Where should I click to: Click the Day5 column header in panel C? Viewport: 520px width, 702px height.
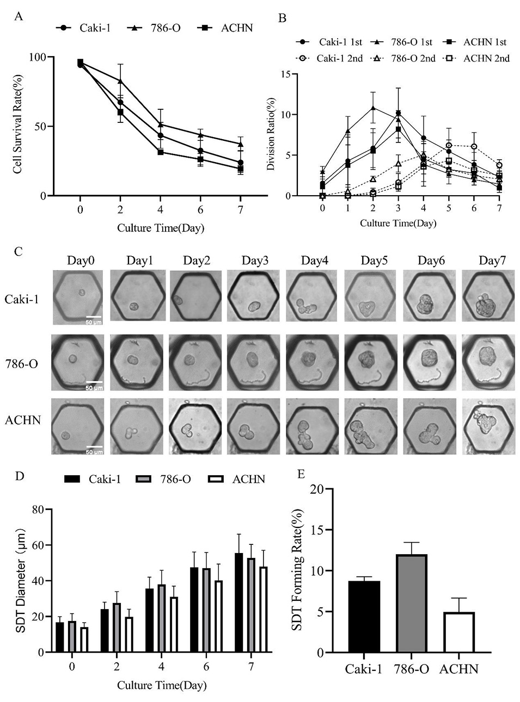pos(374,261)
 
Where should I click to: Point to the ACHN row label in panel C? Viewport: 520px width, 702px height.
pos(23,420)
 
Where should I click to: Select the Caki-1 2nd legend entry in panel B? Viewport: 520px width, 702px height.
pos(329,58)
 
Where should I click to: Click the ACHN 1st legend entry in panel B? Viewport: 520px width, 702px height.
pos(475,42)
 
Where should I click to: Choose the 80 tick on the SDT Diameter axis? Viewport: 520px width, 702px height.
pos(37,510)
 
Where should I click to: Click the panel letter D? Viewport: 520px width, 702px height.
pos(19,476)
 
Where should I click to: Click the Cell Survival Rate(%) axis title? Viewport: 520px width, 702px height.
pos(17,126)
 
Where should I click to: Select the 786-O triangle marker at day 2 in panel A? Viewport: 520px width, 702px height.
pos(120,80)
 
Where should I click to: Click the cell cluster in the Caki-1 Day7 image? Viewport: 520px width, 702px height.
pos(487,306)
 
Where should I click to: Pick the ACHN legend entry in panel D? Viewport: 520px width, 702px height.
pos(237,479)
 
